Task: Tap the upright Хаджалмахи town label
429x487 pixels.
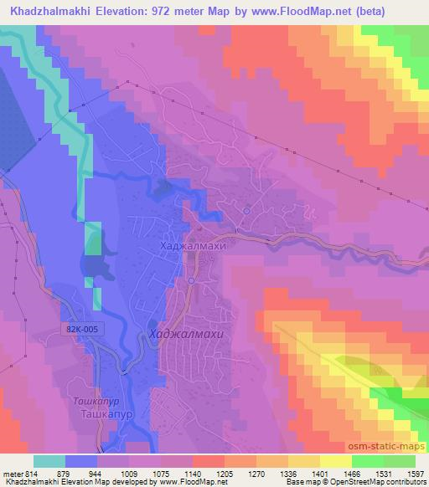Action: point(194,248)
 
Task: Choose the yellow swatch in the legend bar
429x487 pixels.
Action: point(334,461)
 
